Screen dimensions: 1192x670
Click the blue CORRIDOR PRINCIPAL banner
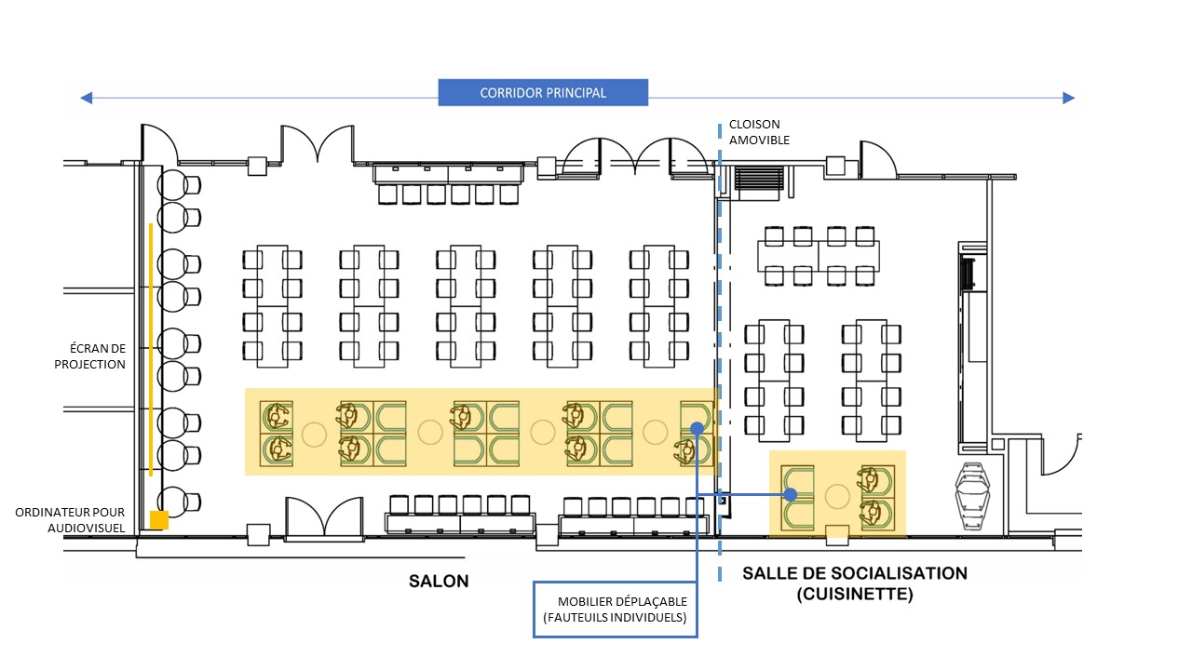[543, 92]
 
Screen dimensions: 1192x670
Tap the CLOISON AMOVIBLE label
[759, 132]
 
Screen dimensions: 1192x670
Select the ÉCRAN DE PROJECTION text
[90, 356]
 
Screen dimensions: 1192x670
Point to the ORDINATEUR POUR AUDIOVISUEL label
[70, 520]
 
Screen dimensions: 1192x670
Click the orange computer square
[158, 520]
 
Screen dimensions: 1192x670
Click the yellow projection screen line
[151, 350]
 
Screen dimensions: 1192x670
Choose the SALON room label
[439, 581]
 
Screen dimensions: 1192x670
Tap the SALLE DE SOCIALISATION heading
[855, 573]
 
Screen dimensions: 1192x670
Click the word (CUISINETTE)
[855, 594]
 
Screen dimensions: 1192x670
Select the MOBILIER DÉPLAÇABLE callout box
[616, 610]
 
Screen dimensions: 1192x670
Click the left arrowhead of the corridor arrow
[86, 98]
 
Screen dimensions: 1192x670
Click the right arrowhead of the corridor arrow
[1068, 98]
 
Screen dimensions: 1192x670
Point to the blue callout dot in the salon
[697, 428]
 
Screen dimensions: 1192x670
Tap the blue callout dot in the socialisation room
[791, 495]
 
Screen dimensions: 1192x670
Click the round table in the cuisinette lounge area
[837, 496]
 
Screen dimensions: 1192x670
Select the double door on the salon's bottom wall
[324, 518]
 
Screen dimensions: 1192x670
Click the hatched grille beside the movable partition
[759, 179]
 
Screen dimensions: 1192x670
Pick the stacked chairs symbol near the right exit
[973, 496]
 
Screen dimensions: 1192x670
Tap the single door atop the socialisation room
[877, 159]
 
